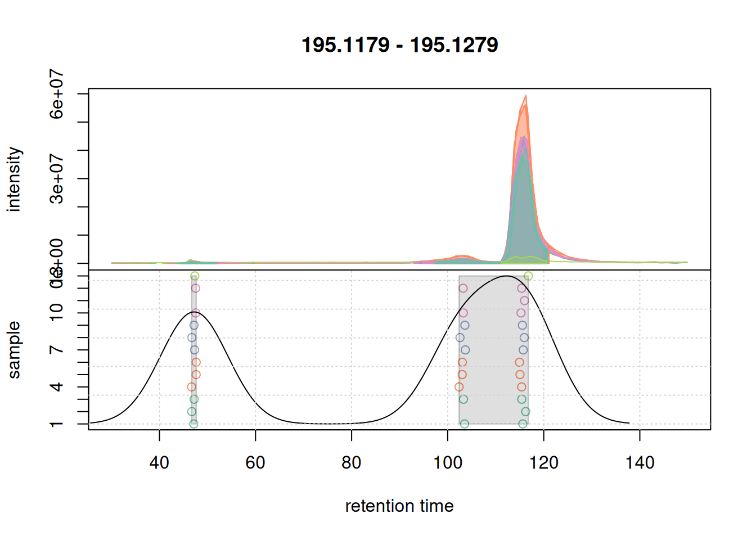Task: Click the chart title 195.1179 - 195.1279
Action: click(x=399, y=45)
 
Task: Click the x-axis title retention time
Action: click(x=399, y=506)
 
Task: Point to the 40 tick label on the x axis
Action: click(x=159, y=463)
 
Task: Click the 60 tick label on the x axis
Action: click(x=255, y=463)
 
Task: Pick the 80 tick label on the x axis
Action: click(x=352, y=463)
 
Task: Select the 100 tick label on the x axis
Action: click(x=448, y=463)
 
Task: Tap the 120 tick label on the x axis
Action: click(x=544, y=463)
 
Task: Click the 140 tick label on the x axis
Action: click(x=640, y=463)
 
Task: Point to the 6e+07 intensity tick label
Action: click(x=57, y=94)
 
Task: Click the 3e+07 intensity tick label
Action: click(x=57, y=178)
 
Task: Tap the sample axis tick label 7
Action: click(x=57, y=350)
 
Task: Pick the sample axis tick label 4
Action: click(x=57, y=387)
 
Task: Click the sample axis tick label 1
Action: click(x=57, y=424)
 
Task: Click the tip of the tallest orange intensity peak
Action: click(x=526, y=96)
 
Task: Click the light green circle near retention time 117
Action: click(x=528, y=276)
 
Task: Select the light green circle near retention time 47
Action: click(x=195, y=276)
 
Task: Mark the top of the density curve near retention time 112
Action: click(x=507, y=276)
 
